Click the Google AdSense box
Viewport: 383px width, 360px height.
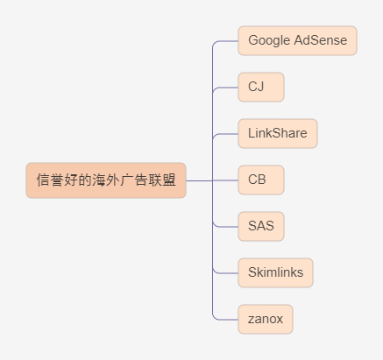click(297, 40)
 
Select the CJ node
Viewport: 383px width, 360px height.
click(261, 87)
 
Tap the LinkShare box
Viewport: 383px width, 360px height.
click(278, 133)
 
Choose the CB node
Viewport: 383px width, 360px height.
click(261, 180)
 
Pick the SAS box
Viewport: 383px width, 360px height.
click(261, 226)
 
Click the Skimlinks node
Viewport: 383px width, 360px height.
click(275, 272)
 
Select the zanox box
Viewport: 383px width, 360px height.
click(266, 319)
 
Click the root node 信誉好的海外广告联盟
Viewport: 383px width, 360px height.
click(106, 180)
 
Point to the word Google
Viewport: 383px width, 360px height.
click(269, 40)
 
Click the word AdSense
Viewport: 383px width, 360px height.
click(321, 40)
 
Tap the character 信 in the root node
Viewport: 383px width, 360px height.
click(43, 180)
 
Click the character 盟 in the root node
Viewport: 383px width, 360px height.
click(169, 180)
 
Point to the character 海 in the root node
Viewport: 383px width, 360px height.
click(99, 180)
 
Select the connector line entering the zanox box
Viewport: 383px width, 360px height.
click(225, 320)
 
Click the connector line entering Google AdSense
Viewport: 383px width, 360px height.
click(225, 41)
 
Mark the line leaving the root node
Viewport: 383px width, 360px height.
click(199, 180)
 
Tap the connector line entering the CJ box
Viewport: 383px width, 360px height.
click(225, 88)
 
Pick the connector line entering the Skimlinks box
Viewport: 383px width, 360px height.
click(225, 273)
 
